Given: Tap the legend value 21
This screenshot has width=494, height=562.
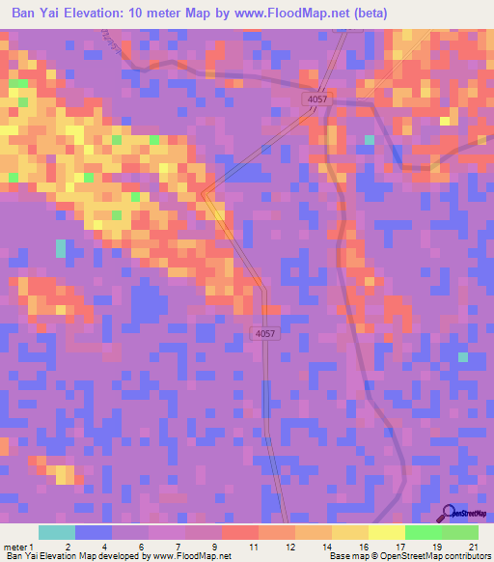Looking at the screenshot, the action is point(473,546).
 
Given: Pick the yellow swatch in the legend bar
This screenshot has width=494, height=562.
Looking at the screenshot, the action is point(386,532).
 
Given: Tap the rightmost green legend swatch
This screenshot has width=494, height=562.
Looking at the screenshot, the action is point(460,532).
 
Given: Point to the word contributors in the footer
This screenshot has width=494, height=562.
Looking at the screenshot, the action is point(465,556).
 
